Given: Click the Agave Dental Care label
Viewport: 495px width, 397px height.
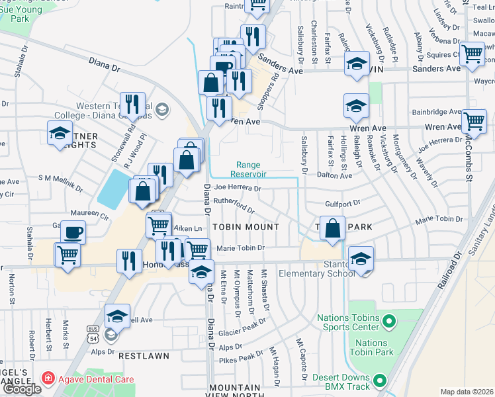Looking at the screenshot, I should (x=96, y=380).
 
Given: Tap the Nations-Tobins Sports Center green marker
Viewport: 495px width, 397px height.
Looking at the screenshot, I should (x=389, y=322).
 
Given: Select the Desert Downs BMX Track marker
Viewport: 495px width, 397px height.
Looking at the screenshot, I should (x=380, y=380).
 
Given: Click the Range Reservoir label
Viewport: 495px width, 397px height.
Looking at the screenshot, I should (x=248, y=170).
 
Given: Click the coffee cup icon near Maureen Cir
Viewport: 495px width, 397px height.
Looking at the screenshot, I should (x=73, y=233).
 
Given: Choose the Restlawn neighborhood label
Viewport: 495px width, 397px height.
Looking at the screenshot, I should (x=144, y=356).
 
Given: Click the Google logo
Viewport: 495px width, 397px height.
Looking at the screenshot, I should (x=22, y=389).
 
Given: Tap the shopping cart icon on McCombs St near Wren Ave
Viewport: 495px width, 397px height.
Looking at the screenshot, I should (x=474, y=121).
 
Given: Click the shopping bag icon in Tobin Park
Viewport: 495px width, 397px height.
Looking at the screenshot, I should (x=332, y=228).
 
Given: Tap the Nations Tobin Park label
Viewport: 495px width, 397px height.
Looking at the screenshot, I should (x=371, y=347).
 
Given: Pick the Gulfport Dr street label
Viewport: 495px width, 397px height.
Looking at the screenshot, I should (x=342, y=204).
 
